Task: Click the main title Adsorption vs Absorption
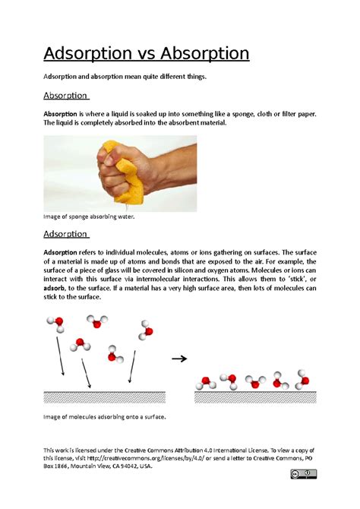click(146, 54)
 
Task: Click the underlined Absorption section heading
click(66, 96)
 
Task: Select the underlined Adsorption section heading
click(66, 233)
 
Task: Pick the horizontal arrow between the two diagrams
click(179, 359)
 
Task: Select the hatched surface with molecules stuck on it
click(255, 396)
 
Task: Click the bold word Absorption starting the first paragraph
click(66, 113)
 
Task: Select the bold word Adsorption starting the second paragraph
click(66, 251)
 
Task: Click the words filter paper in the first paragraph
click(293, 113)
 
